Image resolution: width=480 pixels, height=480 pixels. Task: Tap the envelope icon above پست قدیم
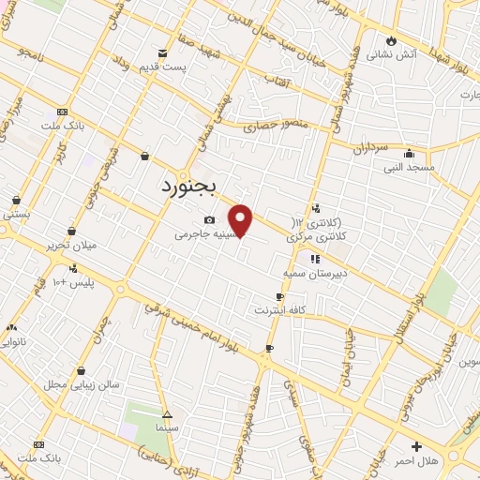pos(163,53)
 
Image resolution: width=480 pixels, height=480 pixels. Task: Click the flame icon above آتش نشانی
pos(391,40)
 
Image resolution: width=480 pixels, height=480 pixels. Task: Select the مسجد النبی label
pos(408,167)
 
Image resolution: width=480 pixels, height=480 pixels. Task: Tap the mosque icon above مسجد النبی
pos(409,154)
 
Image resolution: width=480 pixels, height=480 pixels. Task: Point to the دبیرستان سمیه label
pos(315,273)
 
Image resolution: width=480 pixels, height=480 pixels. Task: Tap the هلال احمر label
pos(416,460)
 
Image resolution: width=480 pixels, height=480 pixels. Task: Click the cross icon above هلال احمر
pos(416,446)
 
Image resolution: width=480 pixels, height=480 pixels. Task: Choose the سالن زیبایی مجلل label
pos(82,384)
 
